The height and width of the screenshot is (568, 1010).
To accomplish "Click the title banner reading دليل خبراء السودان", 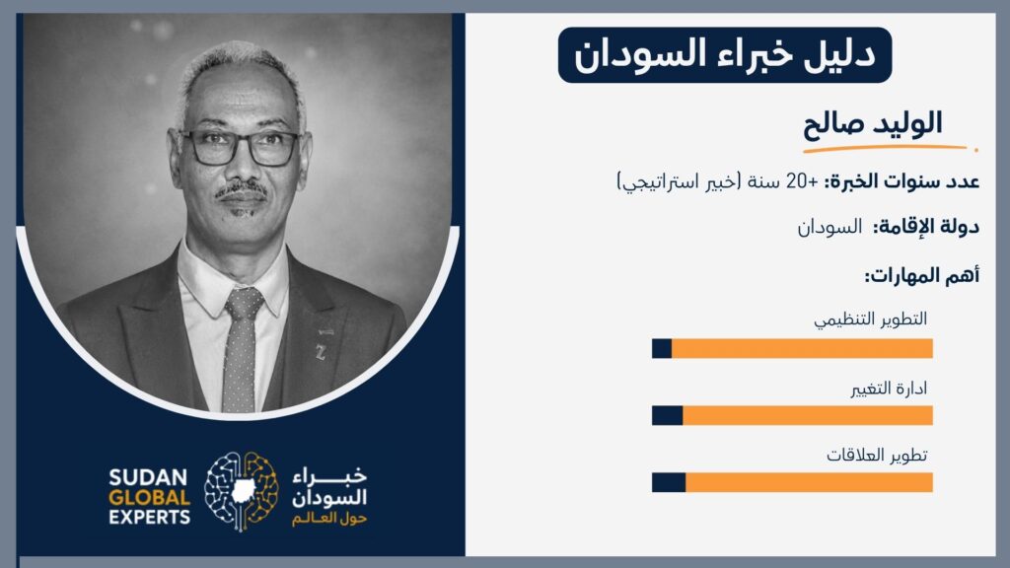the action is [725, 55].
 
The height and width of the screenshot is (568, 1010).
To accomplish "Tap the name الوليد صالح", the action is [873, 123].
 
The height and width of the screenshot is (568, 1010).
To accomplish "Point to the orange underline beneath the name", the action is [889, 149].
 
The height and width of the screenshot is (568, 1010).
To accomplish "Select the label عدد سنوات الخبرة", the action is [902, 181].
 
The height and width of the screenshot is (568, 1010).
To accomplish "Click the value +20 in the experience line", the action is [802, 181].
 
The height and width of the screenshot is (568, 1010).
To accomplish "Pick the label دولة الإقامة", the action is [926, 227].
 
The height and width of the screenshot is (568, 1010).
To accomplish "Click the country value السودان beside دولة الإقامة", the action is [830, 227].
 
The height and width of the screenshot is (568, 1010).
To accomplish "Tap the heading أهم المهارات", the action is [922, 276].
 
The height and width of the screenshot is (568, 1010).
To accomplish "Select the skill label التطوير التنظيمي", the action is [870, 319].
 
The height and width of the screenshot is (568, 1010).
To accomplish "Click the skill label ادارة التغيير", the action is [889, 389].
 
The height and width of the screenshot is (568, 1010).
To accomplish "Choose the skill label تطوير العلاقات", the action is [877, 456].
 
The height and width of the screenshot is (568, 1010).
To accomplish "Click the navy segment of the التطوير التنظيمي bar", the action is [662, 348].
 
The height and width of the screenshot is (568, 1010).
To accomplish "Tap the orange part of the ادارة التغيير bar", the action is [808, 415].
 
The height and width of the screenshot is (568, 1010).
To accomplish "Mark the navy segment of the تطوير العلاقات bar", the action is [669, 482].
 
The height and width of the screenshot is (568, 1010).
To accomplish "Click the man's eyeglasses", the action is [240, 148].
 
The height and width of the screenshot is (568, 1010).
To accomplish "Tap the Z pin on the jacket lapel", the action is [321, 352].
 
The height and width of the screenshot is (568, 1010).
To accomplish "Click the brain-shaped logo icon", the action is [242, 491].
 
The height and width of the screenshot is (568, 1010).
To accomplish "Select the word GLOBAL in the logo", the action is [150, 498].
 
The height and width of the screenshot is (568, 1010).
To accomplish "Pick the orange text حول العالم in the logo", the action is [329, 519].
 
